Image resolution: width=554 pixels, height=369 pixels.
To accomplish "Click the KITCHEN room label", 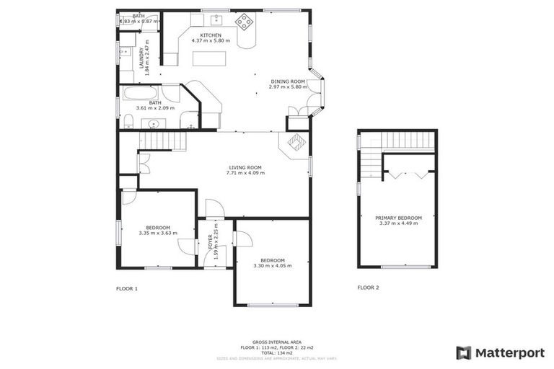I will pyautogui.click(x=211, y=35).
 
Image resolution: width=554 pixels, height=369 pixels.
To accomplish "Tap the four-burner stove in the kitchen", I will pyautogui.click(x=245, y=22).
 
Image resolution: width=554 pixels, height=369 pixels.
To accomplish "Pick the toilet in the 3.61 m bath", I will pyautogui.click(x=128, y=120).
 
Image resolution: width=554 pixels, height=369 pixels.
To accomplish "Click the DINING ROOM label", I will pyautogui.click(x=289, y=81).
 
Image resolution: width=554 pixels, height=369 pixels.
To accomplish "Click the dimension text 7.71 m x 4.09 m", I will pyautogui.click(x=245, y=173).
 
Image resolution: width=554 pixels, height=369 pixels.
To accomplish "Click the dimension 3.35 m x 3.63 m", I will pyautogui.click(x=157, y=233).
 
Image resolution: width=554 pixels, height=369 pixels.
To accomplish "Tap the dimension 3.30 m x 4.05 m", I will pyautogui.click(x=272, y=266).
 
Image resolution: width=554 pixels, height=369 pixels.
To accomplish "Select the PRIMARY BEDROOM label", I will pyautogui.click(x=398, y=218).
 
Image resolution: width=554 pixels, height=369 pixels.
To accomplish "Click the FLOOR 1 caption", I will pyautogui.click(x=127, y=288).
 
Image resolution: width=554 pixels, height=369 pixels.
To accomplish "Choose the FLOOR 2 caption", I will pyautogui.click(x=368, y=288).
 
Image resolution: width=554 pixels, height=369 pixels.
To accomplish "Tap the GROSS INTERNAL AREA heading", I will pyautogui.click(x=277, y=342).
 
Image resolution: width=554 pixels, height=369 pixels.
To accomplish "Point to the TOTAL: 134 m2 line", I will pyautogui.click(x=277, y=352).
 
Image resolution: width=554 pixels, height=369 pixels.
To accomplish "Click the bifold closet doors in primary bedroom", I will pyautogui.click(x=408, y=174).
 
